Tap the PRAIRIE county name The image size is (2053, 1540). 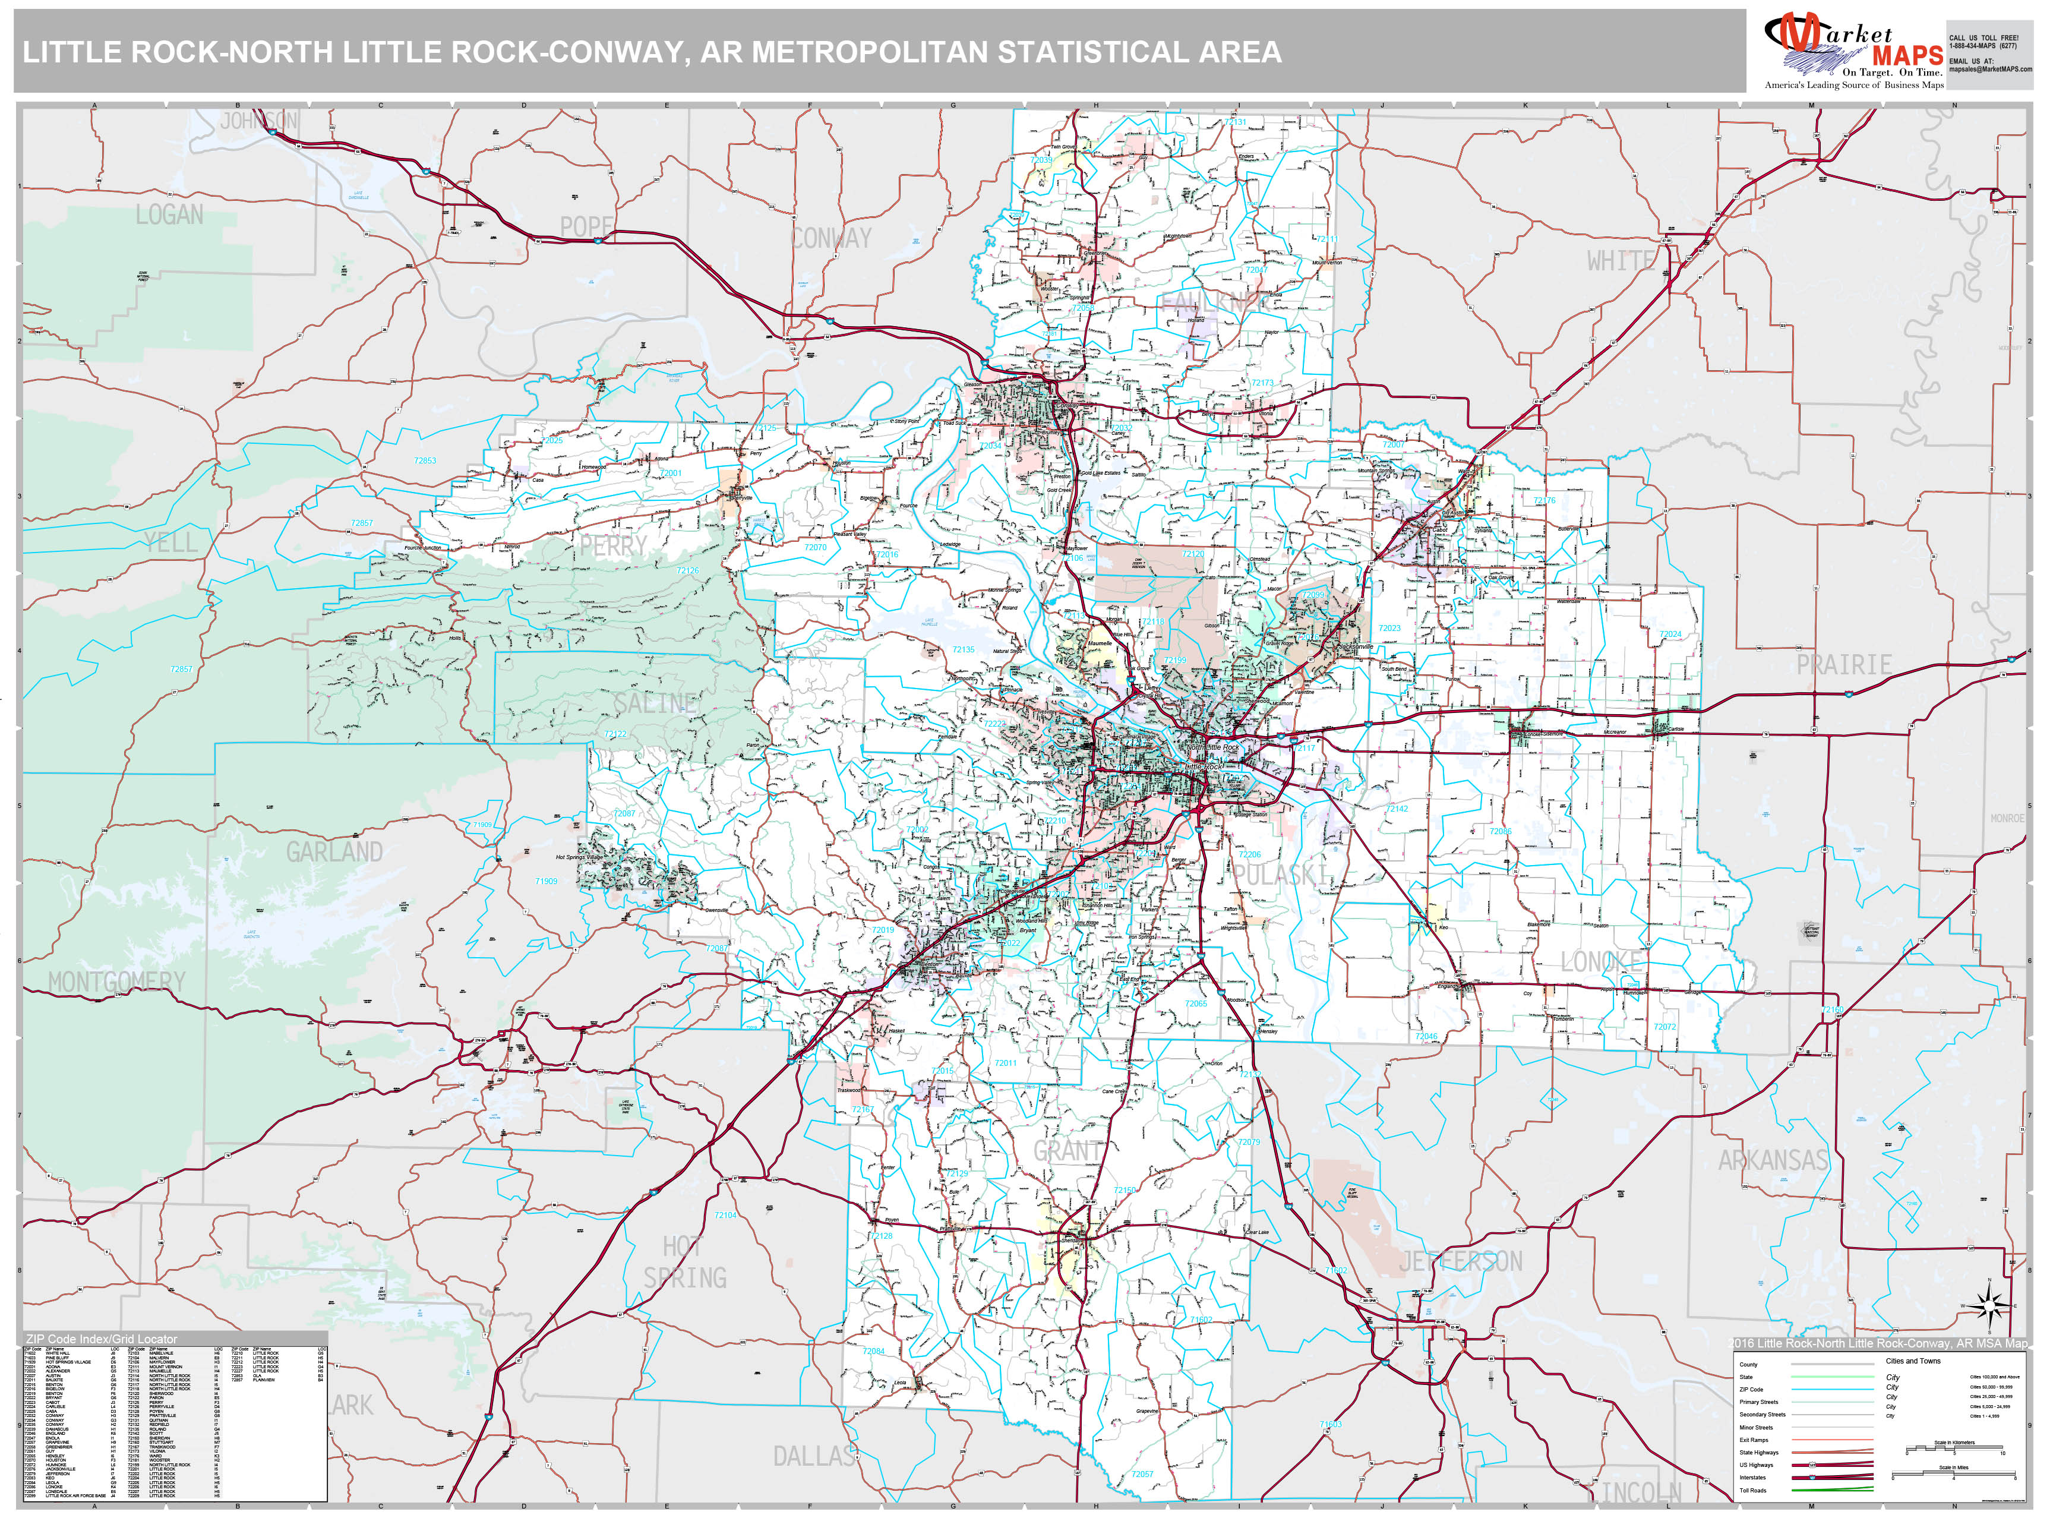1843,665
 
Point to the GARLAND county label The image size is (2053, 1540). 334,852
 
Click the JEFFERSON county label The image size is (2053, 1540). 1460,1261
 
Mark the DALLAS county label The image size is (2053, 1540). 814,1456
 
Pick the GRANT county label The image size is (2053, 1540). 1068,1151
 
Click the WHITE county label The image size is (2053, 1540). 1619,261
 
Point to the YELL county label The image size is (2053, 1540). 170,542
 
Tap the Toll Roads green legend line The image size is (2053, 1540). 1833,1491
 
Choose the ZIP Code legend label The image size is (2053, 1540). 1751,1390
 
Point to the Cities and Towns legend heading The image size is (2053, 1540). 1913,1361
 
